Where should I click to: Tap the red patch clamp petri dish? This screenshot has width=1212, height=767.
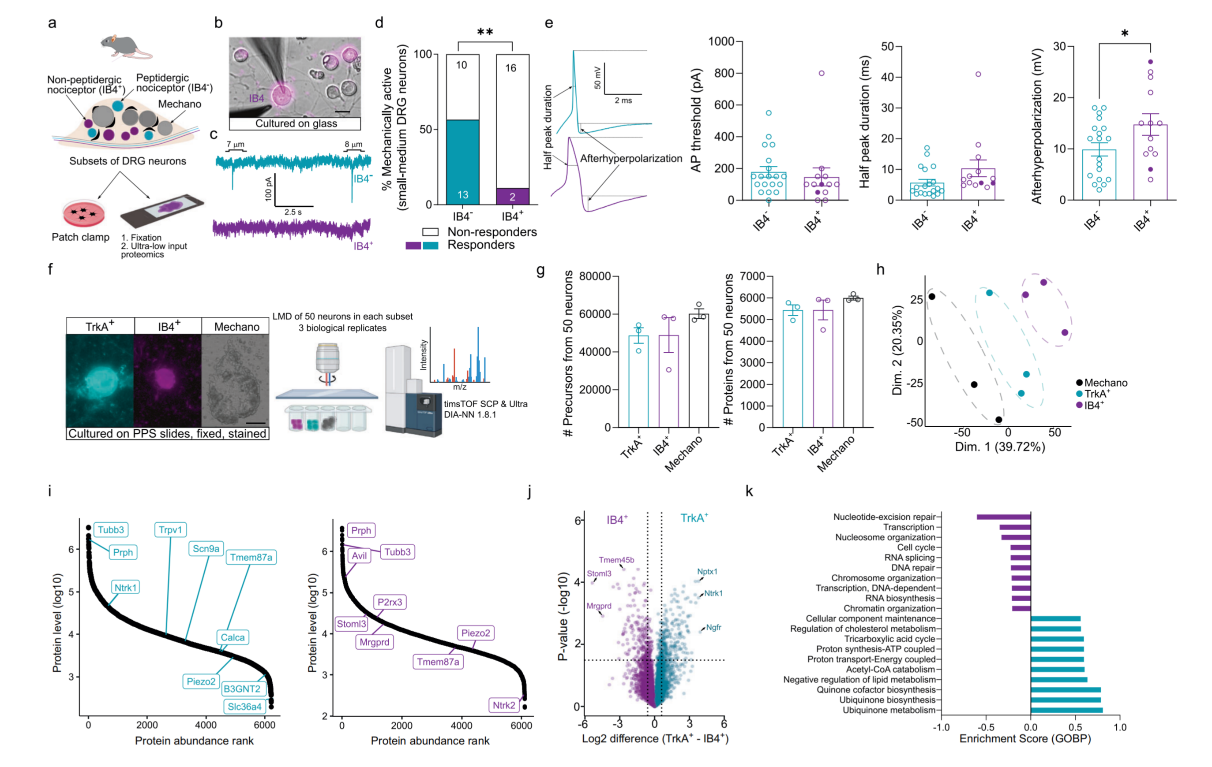(83, 213)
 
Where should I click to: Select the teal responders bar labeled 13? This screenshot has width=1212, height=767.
(462, 162)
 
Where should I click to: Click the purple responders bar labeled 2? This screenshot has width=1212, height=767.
(512, 196)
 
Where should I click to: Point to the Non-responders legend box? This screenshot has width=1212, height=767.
(430, 232)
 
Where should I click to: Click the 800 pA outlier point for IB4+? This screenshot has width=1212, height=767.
(822, 74)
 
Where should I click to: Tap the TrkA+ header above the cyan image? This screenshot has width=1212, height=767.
(100, 326)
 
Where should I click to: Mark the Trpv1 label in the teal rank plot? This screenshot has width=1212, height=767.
(170, 529)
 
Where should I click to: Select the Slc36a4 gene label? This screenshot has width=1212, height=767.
(244, 707)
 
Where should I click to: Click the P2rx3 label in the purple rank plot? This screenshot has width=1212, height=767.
(390, 602)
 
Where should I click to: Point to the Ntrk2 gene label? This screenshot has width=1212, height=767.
(504, 705)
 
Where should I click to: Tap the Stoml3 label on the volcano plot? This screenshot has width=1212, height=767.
(599, 573)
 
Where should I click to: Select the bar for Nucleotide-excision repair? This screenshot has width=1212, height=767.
(1004, 517)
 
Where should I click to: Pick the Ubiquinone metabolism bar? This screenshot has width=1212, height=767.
(1066, 710)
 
